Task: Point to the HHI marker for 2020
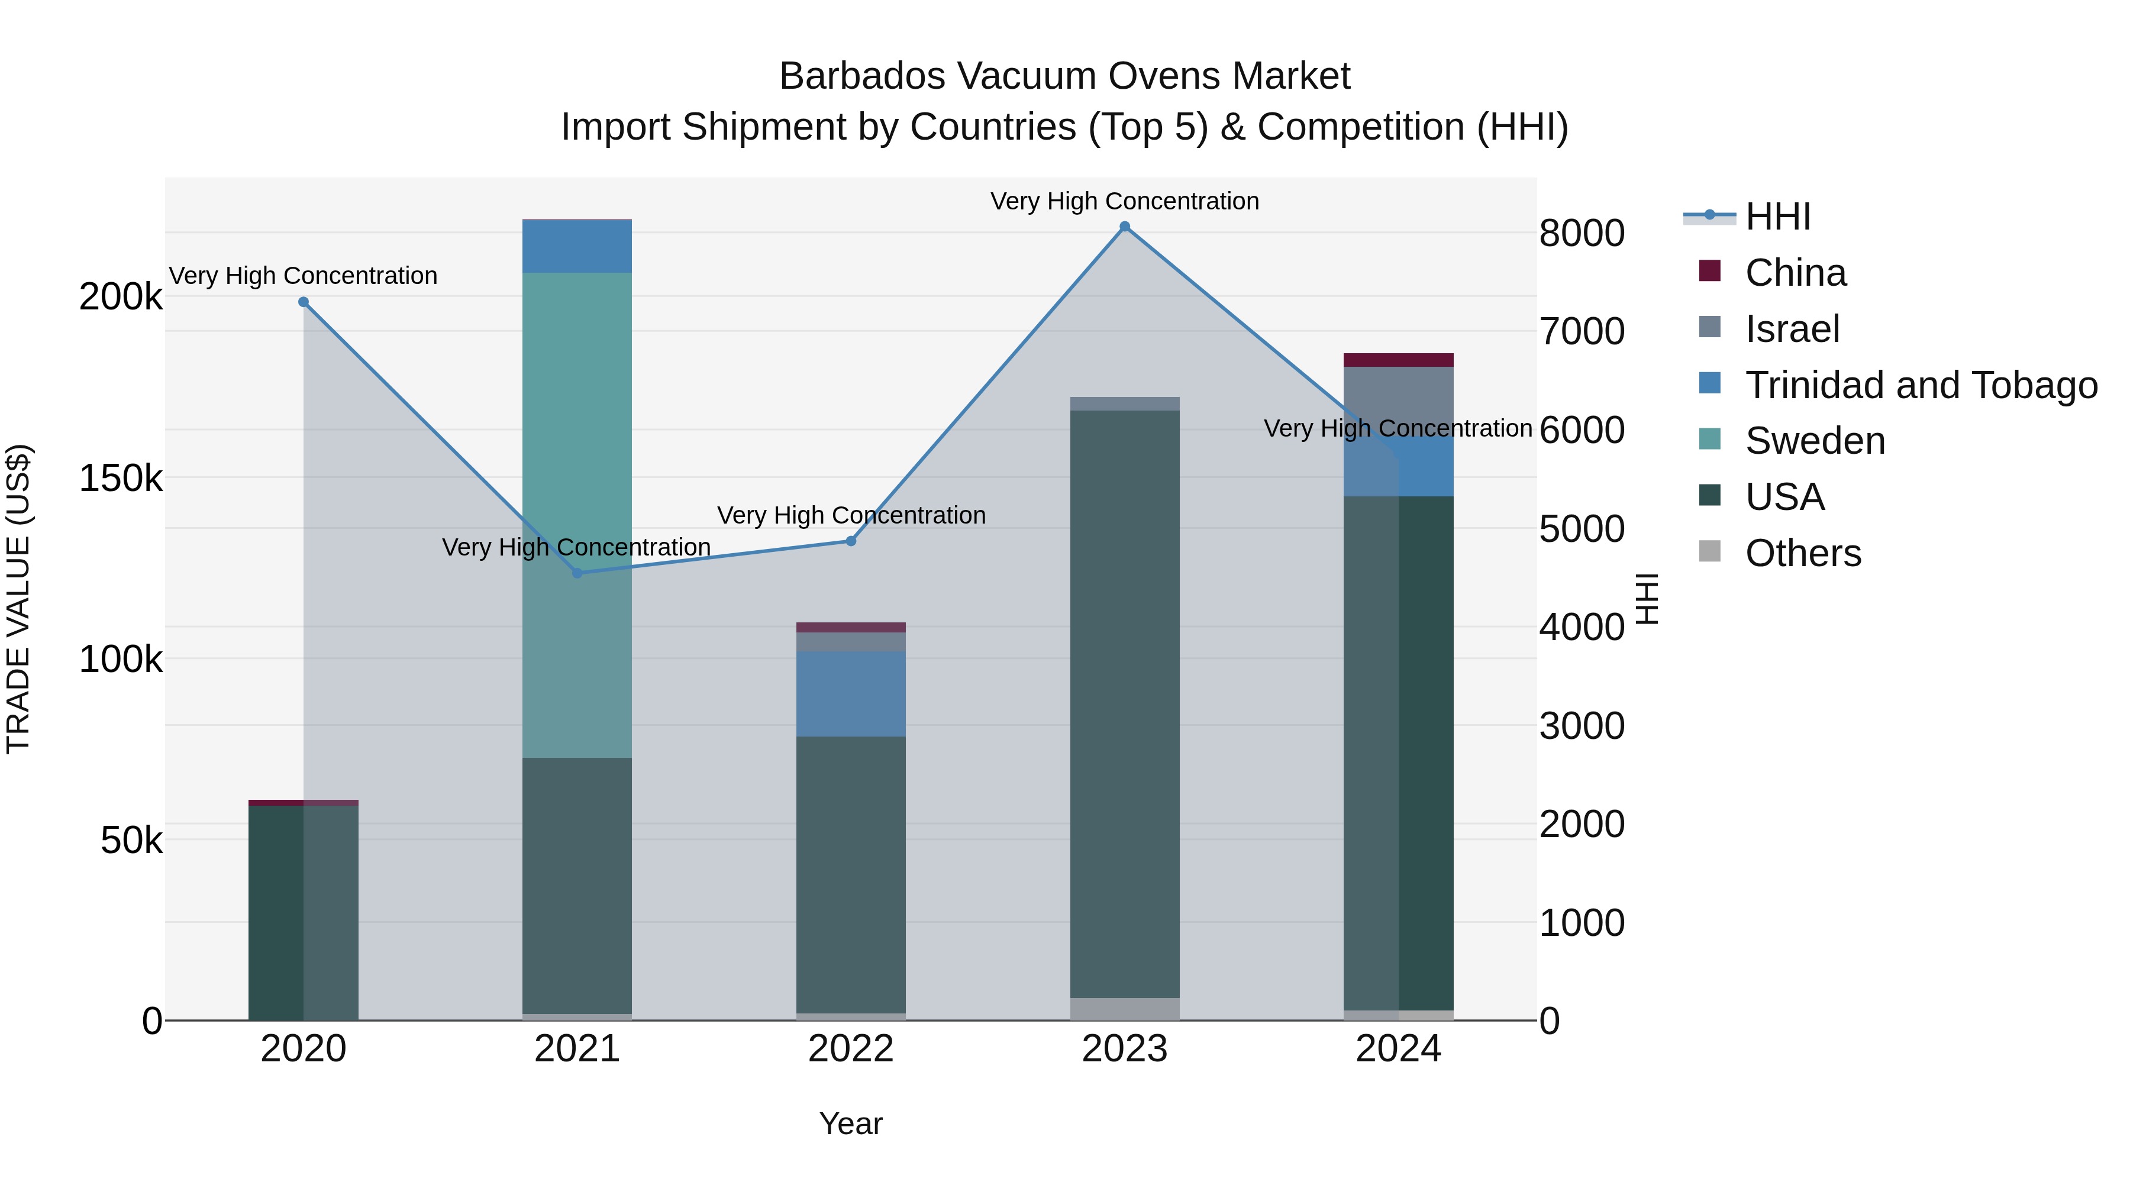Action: pos(304,302)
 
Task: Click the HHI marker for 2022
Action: pos(850,541)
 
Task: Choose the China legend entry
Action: pos(1795,273)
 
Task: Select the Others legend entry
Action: pos(1803,553)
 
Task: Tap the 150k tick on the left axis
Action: pos(121,478)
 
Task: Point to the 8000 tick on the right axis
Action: pos(1581,233)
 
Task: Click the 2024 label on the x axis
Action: pos(1398,1048)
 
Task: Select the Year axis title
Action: pos(850,1123)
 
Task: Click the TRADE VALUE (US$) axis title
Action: pos(18,599)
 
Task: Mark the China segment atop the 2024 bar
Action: pos(1398,360)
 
